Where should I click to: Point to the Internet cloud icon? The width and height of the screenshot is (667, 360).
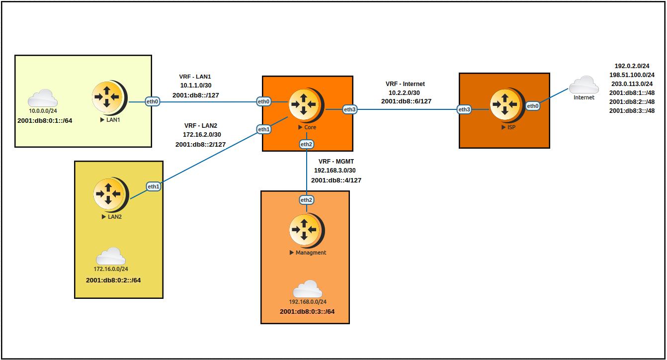[x=584, y=85]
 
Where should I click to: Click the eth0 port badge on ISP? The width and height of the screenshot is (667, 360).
[x=533, y=106]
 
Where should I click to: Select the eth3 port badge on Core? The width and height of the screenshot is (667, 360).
[x=349, y=109]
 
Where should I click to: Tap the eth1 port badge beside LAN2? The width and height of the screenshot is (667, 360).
[x=153, y=186]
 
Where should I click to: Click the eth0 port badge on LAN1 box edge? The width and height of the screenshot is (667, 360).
[x=152, y=101]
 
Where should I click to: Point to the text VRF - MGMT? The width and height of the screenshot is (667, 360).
[x=336, y=162]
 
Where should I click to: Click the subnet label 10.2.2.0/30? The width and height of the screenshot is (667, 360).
[x=404, y=92]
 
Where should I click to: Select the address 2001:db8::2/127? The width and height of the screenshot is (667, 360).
[x=201, y=144]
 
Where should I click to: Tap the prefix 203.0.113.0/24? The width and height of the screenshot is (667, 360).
[x=632, y=84]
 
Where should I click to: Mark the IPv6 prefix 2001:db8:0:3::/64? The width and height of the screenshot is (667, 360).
[x=307, y=312]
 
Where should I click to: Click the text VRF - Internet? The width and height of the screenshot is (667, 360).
[x=405, y=84]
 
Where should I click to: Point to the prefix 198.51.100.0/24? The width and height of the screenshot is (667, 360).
[x=632, y=75]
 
